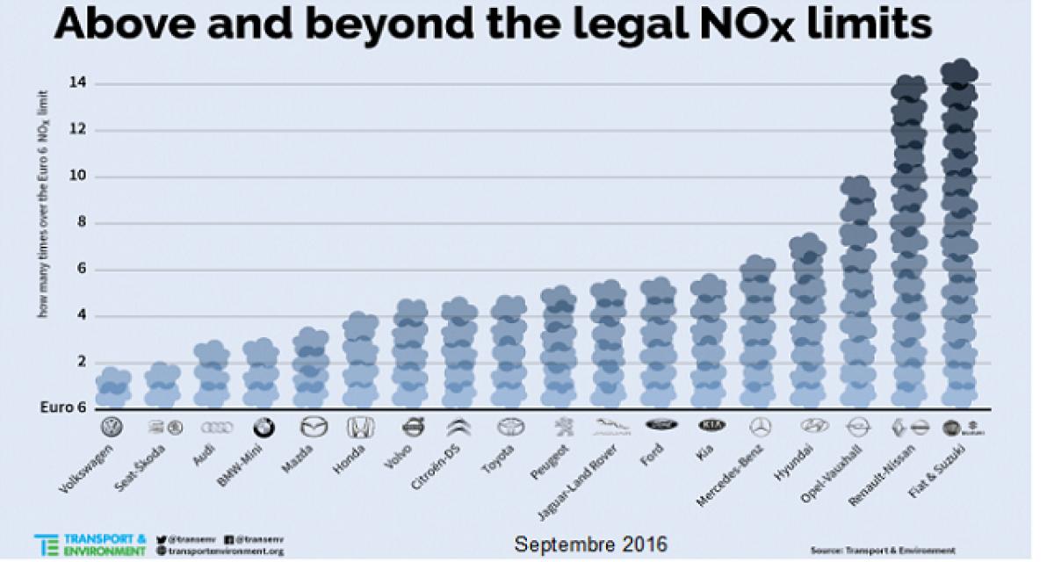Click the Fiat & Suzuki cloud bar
tap(959, 237)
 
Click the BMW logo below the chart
tap(263, 428)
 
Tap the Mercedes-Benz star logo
tap(760, 428)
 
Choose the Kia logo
tap(711, 425)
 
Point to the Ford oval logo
tap(661, 424)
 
